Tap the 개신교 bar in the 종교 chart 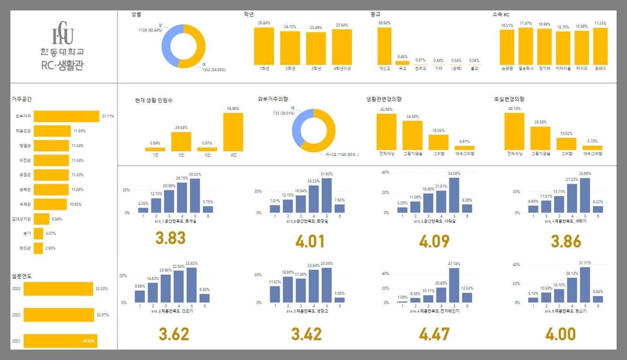click(x=385, y=45)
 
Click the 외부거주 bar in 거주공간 click(x=66, y=116)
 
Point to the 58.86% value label click(x=233, y=108)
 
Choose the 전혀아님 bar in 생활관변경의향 click(x=386, y=132)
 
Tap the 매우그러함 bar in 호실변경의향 click(x=592, y=148)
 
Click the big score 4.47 click(x=434, y=334)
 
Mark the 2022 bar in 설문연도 click(x=58, y=315)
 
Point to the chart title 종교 click(x=376, y=15)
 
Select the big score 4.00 click(x=560, y=334)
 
